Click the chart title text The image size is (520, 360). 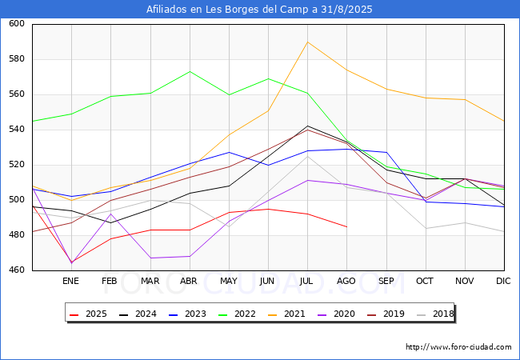(259, 10)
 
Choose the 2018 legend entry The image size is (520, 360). (432, 314)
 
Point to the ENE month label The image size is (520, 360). (71, 282)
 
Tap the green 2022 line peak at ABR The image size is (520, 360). (190, 71)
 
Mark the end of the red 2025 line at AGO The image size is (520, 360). (346, 226)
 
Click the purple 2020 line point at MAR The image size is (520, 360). (150, 258)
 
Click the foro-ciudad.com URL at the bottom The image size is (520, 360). (458, 347)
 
